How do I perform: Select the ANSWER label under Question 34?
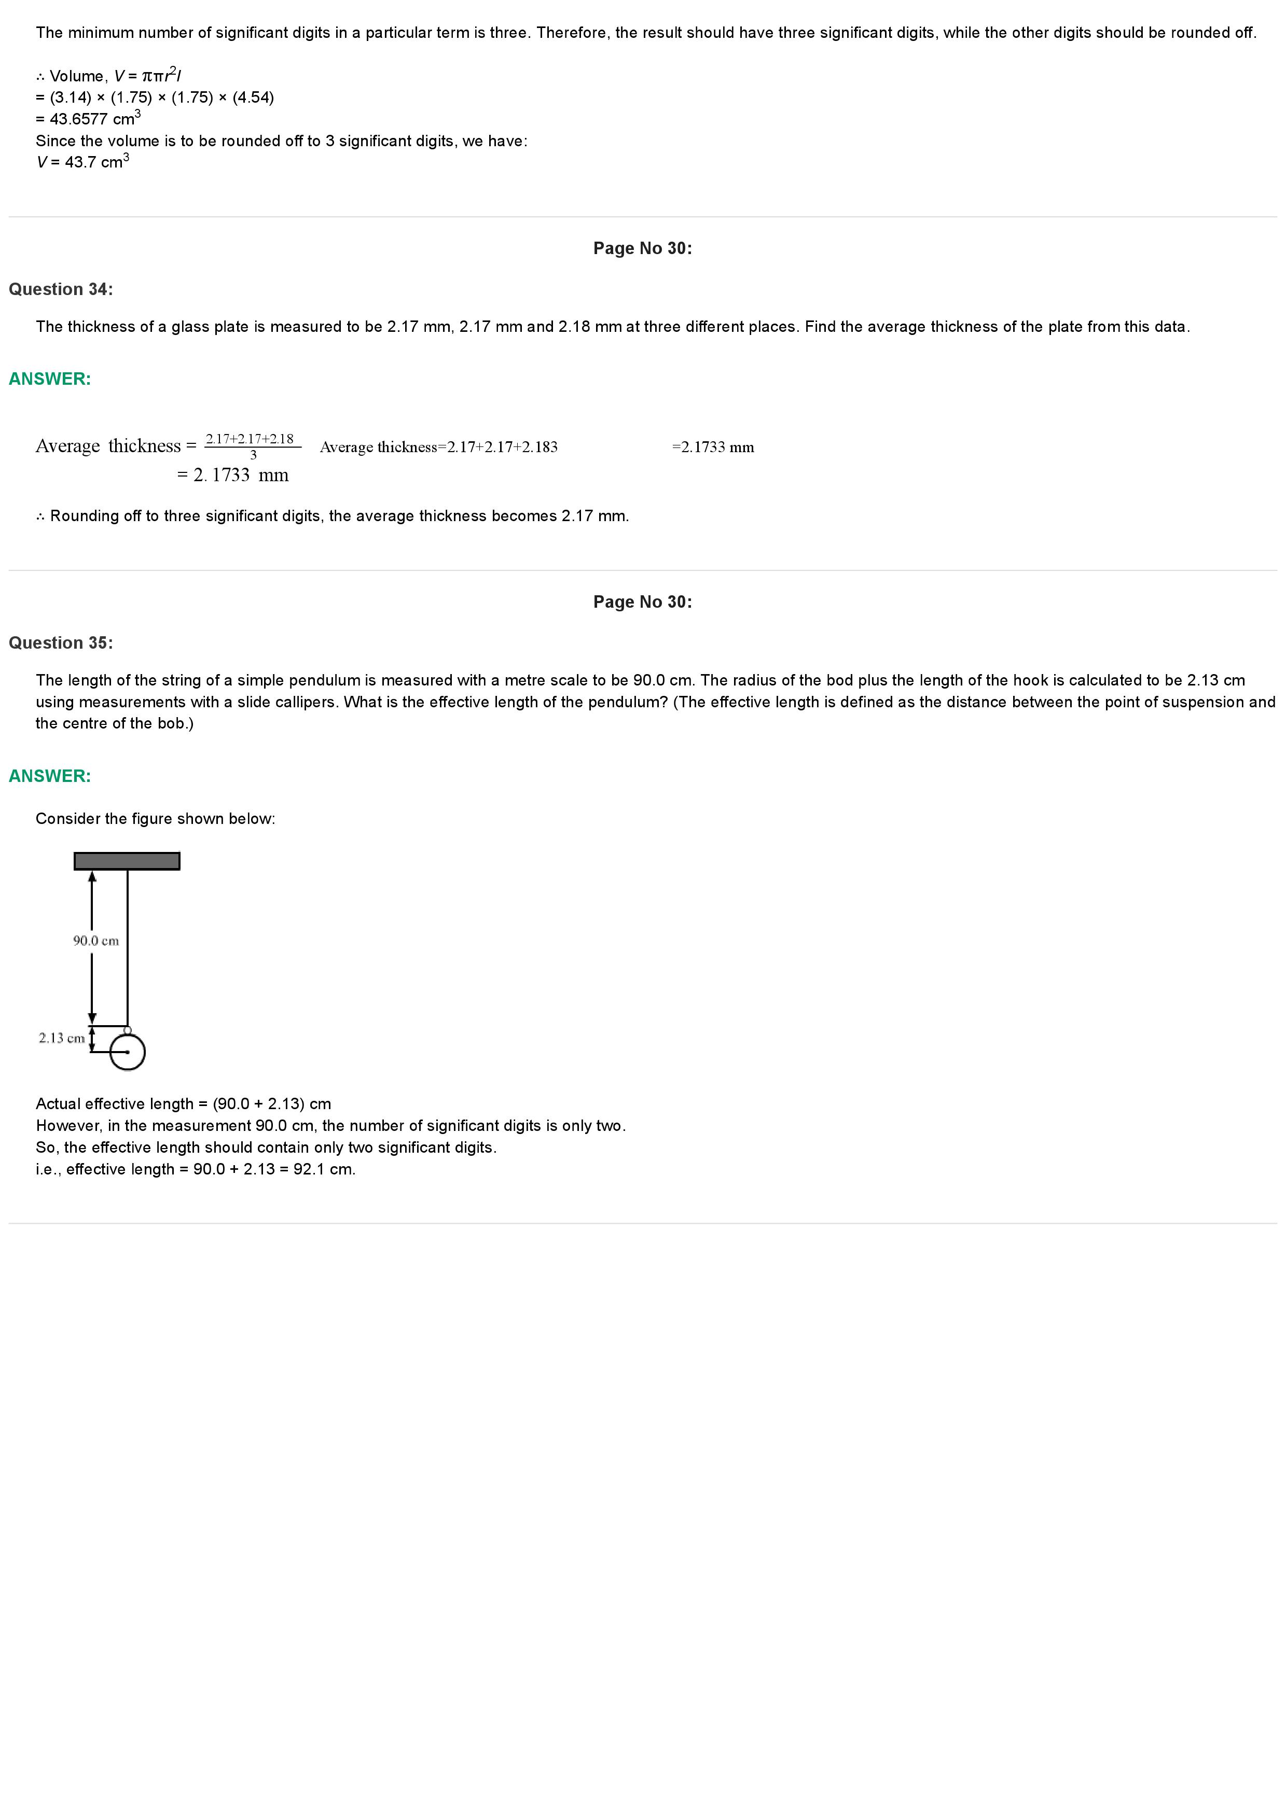click(50, 379)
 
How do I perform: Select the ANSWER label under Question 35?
click(50, 776)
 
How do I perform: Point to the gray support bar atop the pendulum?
click(127, 860)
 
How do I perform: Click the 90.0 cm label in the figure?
click(96, 941)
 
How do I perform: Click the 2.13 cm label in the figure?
click(62, 1038)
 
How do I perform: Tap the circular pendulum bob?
click(128, 1053)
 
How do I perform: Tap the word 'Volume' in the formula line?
click(77, 76)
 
